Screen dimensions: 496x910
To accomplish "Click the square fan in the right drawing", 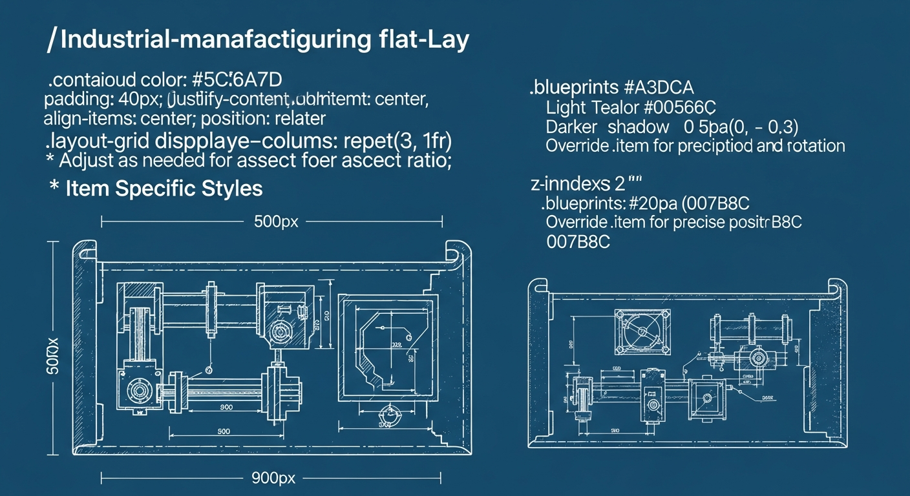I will pyautogui.click(x=642, y=330).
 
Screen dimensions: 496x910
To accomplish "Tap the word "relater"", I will pyautogui.click(x=301, y=119).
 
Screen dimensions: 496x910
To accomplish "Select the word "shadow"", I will pyautogui.click(x=638, y=127).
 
